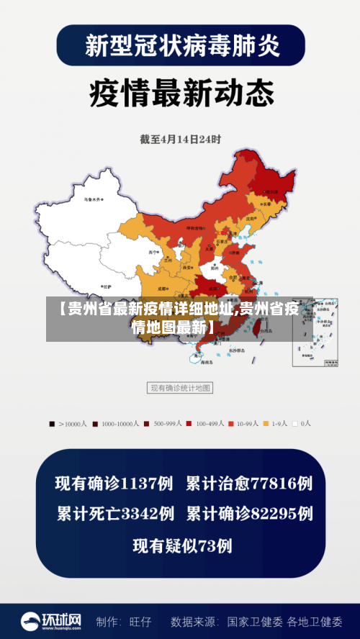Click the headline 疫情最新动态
[x=181, y=92]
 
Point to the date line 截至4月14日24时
[x=180, y=138]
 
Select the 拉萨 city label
[x=107, y=286]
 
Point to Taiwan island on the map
[x=253, y=329]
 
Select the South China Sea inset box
[x=315, y=333]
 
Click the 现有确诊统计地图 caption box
[x=180, y=389]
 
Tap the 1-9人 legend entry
[x=274, y=424]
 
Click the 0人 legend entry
[x=302, y=424]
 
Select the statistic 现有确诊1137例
[x=115, y=484]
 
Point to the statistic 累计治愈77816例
[x=249, y=484]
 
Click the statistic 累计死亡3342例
[x=115, y=515]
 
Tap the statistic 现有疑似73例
[x=182, y=546]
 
